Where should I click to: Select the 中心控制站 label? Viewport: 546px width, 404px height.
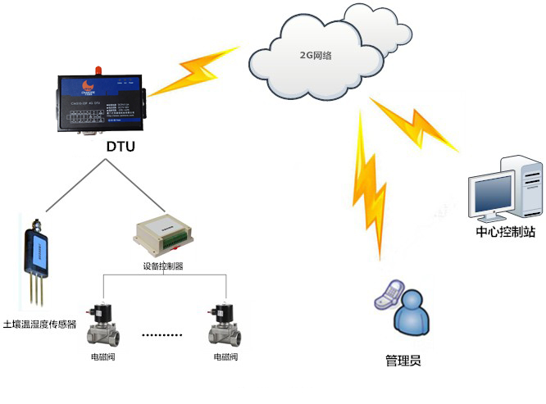pyautogui.click(x=505, y=232)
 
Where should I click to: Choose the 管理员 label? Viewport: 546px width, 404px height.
pyautogui.click(x=403, y=360)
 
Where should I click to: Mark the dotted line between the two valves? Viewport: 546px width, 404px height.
pyautogui.click(x=163, y=336)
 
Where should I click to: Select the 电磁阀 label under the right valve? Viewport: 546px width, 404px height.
pyautogui.click(x=225, y=358)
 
